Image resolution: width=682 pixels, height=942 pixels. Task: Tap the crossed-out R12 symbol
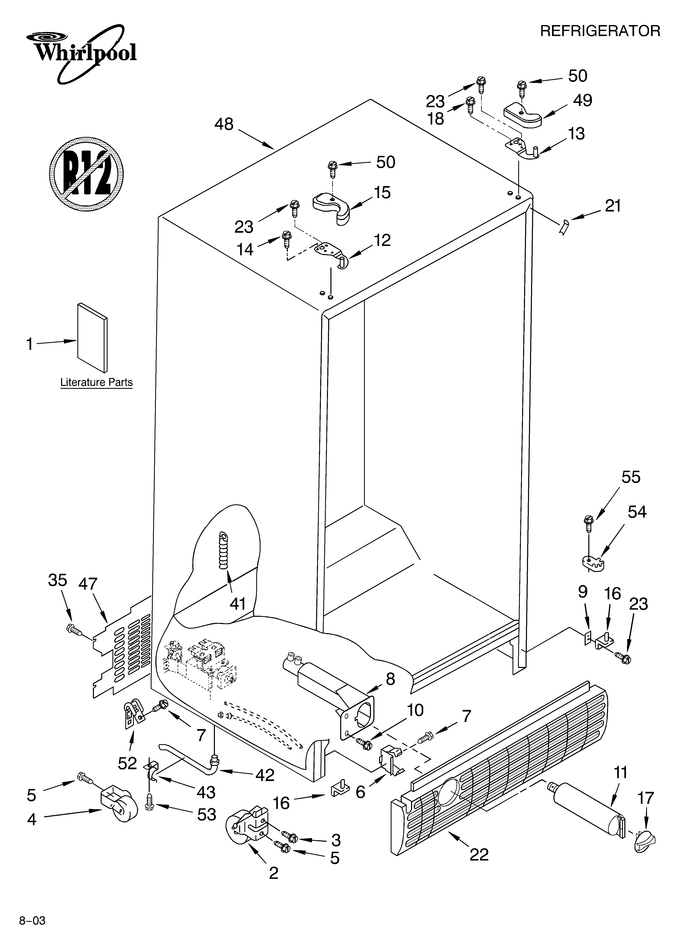click(86, 172)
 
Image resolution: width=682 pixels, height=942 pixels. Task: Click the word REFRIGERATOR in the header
click(600, 31)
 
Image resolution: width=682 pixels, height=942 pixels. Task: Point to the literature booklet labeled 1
click(92, 337)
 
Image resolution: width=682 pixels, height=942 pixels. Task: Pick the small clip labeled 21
click(564, 228)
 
